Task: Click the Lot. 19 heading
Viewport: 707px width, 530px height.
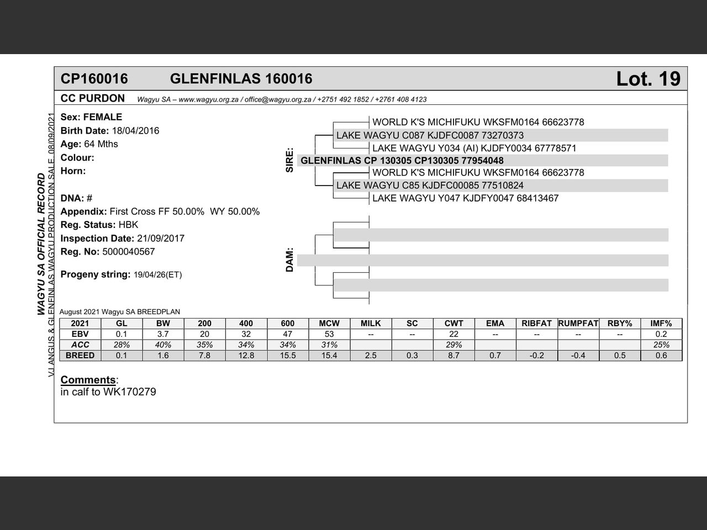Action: point(648,79)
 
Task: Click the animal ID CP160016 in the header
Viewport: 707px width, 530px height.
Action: point(94,79)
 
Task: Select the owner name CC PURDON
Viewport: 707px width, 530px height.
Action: point(93,98)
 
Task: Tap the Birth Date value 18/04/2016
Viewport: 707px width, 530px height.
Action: point(135,131)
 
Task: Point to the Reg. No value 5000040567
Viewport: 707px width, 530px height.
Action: point(129,252)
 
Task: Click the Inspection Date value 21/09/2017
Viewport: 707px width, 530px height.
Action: point(161,239)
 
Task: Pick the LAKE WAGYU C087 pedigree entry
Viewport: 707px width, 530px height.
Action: point(430,135)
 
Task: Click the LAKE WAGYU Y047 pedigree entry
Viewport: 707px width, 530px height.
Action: point(465,198)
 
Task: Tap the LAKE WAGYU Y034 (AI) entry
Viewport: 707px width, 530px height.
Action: point(474,148)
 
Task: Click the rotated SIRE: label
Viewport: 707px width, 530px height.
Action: point(290,160)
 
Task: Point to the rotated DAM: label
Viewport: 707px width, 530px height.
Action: point(290,259)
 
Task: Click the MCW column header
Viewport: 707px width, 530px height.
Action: point(329,324)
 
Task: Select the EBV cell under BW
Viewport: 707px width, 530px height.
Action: point(163,334)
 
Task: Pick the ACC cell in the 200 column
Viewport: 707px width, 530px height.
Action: point(204,344)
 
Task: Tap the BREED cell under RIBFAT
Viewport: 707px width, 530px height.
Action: point(537,356)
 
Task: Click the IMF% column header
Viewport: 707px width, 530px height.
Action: point(661,324)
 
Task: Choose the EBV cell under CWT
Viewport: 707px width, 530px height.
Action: point(453,334)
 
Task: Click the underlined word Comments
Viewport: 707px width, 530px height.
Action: point(88,380)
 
